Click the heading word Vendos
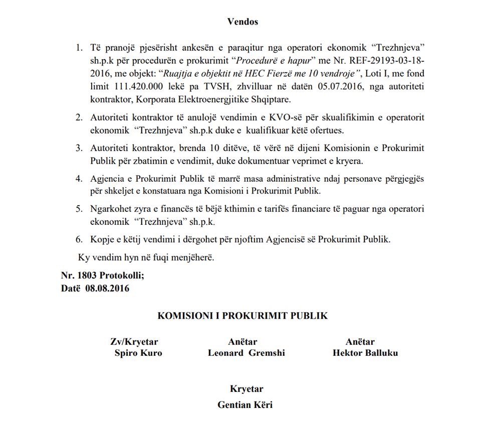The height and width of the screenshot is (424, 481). point(243,22)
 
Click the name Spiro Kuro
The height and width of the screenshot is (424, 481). point(138,353)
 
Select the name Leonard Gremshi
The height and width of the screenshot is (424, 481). point(246,353)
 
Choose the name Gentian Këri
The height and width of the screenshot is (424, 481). point(246,404)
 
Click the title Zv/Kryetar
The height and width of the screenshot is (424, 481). point(134,342)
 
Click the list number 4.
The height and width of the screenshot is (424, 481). point(79,179)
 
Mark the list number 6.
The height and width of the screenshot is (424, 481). point(79,239)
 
